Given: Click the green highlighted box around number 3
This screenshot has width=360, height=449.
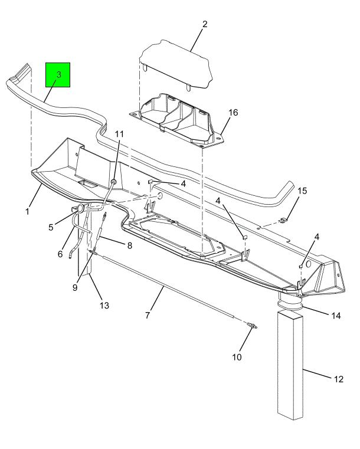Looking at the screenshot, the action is (x=58, y=75).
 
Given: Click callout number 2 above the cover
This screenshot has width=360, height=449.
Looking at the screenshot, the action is (x=204, y=24).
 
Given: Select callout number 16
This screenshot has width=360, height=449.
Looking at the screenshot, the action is (x=234, y=113).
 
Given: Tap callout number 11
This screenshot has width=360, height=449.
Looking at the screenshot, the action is (x=119, y=134).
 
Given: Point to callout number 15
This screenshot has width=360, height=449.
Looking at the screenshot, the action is (x=302, y=191).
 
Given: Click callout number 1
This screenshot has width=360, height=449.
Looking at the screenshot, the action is (x=27, y=212).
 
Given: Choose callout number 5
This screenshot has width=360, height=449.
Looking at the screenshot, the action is (x=51, y=227).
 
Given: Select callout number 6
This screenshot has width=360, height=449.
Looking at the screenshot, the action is (x=60, y=254).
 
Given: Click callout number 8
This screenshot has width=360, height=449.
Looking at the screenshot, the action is (x=129, y=245).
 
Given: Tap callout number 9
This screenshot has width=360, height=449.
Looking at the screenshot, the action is (x=75, y=287).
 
